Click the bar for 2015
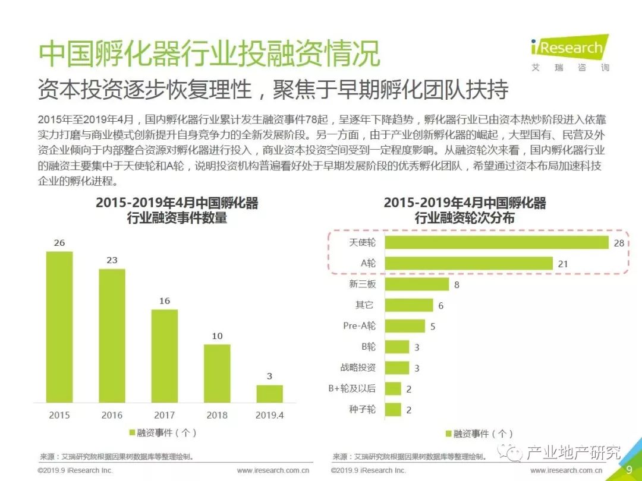click(x=59, y=327)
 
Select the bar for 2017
click(x=164, y=356)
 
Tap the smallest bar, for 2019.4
click(x=269, y=394)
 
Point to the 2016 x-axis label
click(x=112, y=415)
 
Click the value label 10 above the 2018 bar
click(x=217, y=336)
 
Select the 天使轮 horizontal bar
click(x=496, y=242)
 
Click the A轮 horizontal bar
click(x=468, y=263)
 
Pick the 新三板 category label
click(x=363, y=284)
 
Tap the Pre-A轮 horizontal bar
click(x=405, y=326)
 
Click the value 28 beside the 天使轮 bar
click(x=619, y=243)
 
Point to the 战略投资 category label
click(x=358, y=368)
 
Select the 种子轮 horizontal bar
click(x=393, y=409)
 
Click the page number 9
click(x=629, y=469)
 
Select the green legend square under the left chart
click(x=132, y=433)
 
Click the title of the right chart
click(x=464, y=210)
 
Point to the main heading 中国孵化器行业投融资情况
click(x=209, y=55)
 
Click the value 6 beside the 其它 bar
click(x=440, y=306)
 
